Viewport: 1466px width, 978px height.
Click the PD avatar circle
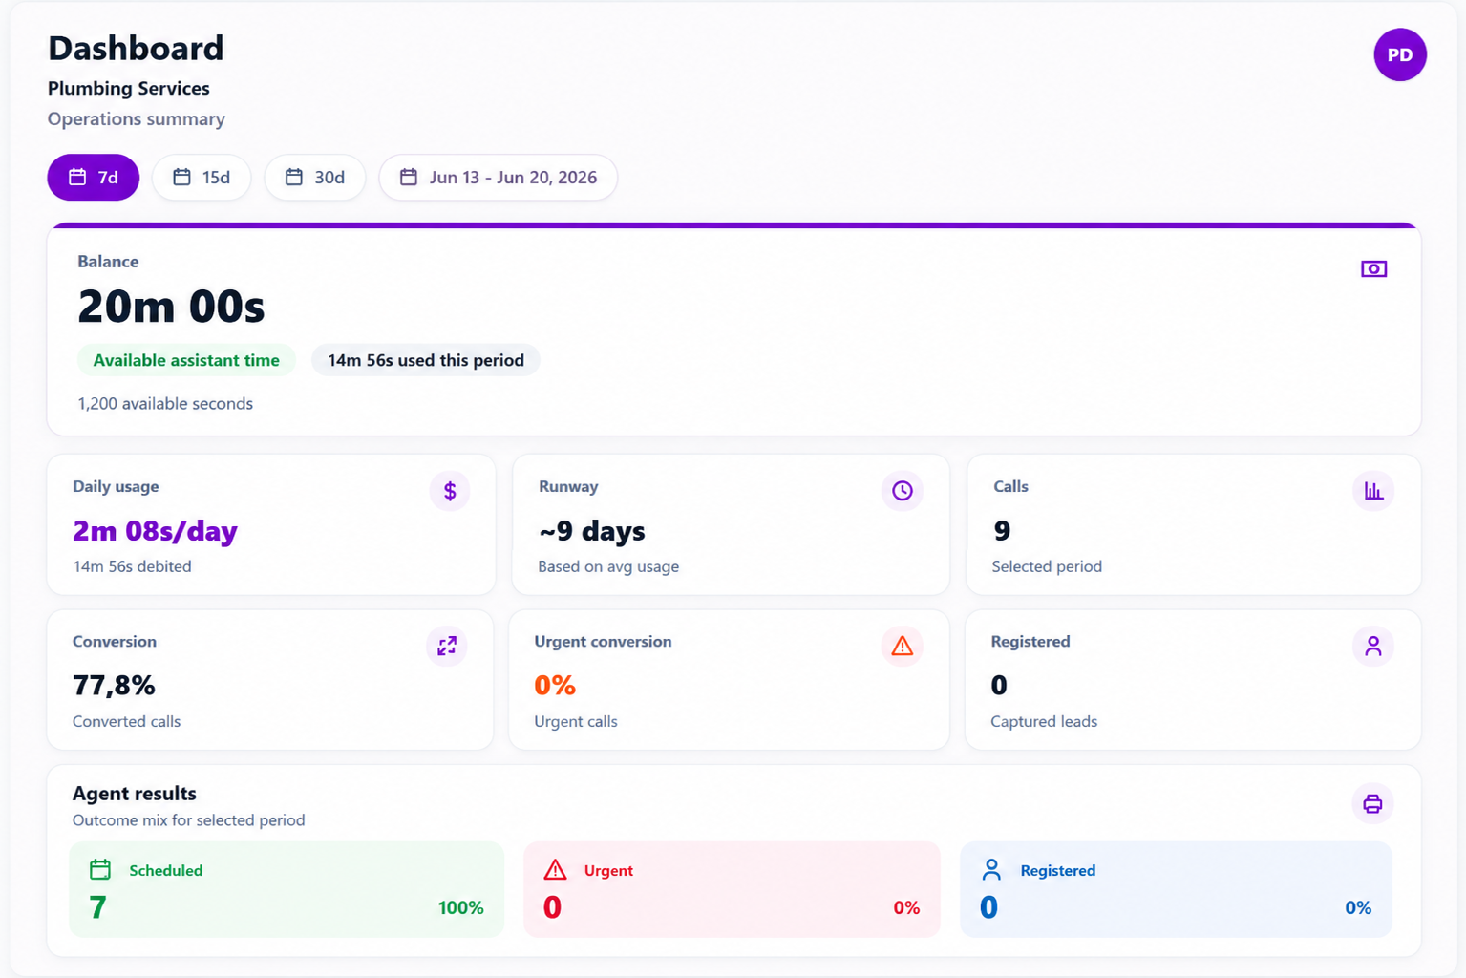click(x=1400, y=54)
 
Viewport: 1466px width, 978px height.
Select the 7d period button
click(x=93, y=178)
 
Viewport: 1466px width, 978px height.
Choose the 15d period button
click(x=202, y=178)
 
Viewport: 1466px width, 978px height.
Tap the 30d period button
click(x=315, y=178)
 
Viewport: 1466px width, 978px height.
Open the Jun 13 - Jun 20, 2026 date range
click(x=498, y=178)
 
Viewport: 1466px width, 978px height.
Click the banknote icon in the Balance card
click(x=1373, y=269)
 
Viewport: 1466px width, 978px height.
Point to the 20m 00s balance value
click(x=171, y=306)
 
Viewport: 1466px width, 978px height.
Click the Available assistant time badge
click(x=186, y=360)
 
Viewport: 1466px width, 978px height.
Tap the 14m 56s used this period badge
click(x=425, y=360)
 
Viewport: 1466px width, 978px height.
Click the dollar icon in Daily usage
click(x=450, y=491)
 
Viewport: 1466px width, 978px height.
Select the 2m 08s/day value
click(x=155, y=531)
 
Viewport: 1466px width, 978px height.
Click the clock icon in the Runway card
click(x=902, y=491)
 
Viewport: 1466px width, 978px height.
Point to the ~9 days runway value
click(x=591, y=531)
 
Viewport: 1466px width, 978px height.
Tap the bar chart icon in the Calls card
click(x=1373, y=491)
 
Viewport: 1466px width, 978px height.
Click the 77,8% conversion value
click(x=114, y=686)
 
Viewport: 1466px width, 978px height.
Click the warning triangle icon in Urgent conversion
click(x=902, y=646)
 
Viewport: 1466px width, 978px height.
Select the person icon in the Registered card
click(x=1373, y=646)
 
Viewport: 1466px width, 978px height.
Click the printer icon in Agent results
click(x=1372, y=803)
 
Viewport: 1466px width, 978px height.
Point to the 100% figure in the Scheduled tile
click(x=460, y=907)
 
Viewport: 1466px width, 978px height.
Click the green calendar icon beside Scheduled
click(x=100, y=869)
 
